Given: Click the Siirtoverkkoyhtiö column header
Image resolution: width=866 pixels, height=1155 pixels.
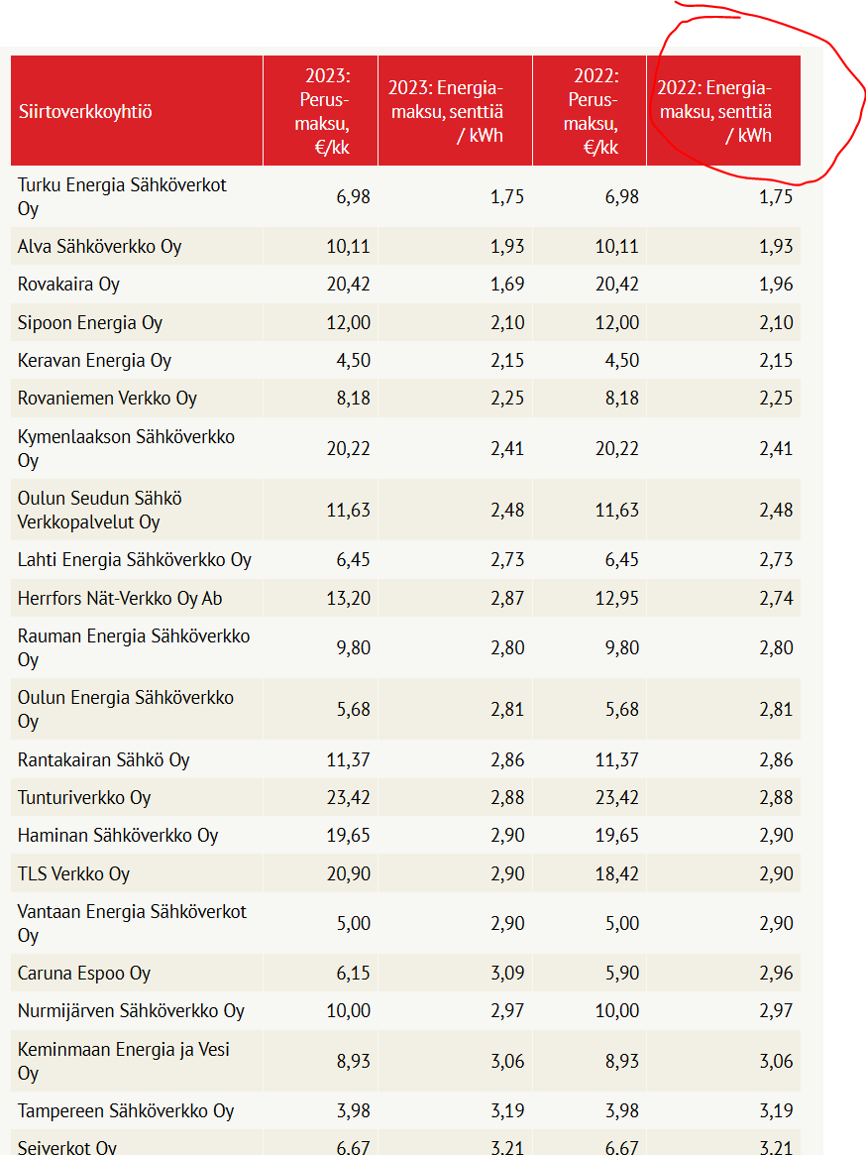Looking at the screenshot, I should tap(85, 111).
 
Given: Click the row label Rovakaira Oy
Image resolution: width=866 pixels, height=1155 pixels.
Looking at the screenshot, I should tap(68, 285).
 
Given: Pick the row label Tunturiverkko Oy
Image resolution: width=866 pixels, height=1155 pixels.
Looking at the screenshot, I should tap(84, 798).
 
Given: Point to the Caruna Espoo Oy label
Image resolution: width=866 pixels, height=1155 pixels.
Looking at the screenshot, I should tap(84, 974).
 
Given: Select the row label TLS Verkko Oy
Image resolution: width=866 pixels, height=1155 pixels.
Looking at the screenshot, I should tap(73, 874).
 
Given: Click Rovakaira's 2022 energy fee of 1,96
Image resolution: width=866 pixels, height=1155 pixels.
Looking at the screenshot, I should tap(776, 285).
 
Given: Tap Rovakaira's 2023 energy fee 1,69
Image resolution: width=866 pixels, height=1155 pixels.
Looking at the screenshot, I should tap(506, 285).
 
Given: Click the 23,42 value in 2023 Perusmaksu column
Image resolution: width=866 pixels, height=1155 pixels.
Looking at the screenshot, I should tap(348, 798).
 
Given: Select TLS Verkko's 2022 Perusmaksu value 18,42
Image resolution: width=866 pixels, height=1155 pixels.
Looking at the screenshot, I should tap(616, 874).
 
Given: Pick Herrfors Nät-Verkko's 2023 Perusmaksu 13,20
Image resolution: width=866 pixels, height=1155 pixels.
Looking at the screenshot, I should tap(348, 598).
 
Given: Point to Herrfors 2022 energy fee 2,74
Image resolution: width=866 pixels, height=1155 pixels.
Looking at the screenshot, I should tap(776, 598).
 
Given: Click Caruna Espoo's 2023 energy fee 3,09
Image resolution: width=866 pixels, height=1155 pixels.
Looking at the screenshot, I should tap(506, 974).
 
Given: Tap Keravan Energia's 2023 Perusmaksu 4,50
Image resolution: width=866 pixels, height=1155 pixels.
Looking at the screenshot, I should tap(353, 361).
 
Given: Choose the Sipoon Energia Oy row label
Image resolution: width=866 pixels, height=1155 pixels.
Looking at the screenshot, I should tap(90, 323).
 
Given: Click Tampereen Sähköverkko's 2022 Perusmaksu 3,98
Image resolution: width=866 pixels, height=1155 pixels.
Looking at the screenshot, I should tap(621, 1111).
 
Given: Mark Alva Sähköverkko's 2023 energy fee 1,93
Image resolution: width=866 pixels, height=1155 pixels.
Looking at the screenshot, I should tap(506, 246).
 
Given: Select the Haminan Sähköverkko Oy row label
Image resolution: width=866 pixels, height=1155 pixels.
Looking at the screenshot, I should tap(118, 836).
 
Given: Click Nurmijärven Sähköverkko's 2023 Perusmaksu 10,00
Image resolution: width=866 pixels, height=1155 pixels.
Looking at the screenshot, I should tap(348, 1011).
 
